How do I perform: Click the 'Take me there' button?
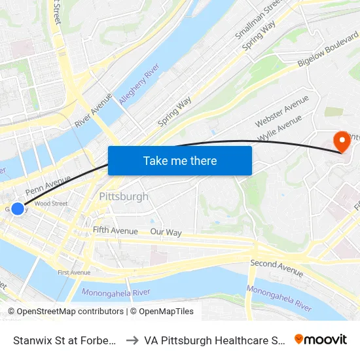pos(180,160)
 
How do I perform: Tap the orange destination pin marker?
pos(341,141)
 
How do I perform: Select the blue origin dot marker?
pos(18,209)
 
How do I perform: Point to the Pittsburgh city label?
pos(124,196)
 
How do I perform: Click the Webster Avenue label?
pos(281,111)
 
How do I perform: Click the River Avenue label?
pos(93,113)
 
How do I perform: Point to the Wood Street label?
pos(51,204)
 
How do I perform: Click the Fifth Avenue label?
pos(115,230)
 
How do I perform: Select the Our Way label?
pos(166,232)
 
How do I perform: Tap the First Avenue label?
pos(74,272)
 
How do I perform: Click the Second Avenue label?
pos(277,267)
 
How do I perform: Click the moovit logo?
pos(321,339)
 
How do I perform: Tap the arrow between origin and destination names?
pos(132,340)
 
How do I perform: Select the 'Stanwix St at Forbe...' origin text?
pos(65,340)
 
